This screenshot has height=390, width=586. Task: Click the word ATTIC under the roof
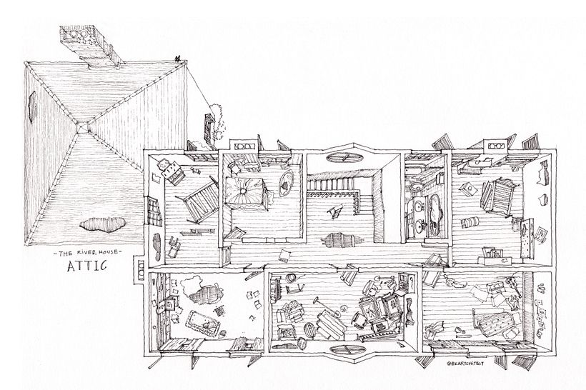pos(86,266)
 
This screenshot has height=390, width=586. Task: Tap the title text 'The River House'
pos(87,253)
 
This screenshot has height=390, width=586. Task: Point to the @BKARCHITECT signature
pos(465,363)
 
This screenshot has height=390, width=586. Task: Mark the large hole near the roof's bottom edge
pos(102,224)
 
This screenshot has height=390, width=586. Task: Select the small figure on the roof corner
pos(177,59)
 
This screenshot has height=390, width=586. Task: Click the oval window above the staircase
pos(344,157)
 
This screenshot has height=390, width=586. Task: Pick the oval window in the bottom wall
pos(348,351)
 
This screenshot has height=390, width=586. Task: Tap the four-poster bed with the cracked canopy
pos(245,191)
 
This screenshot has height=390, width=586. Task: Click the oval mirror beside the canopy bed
pos(286,183)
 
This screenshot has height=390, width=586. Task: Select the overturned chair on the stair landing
pos(334,211)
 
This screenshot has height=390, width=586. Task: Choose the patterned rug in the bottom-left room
pos(203,323)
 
